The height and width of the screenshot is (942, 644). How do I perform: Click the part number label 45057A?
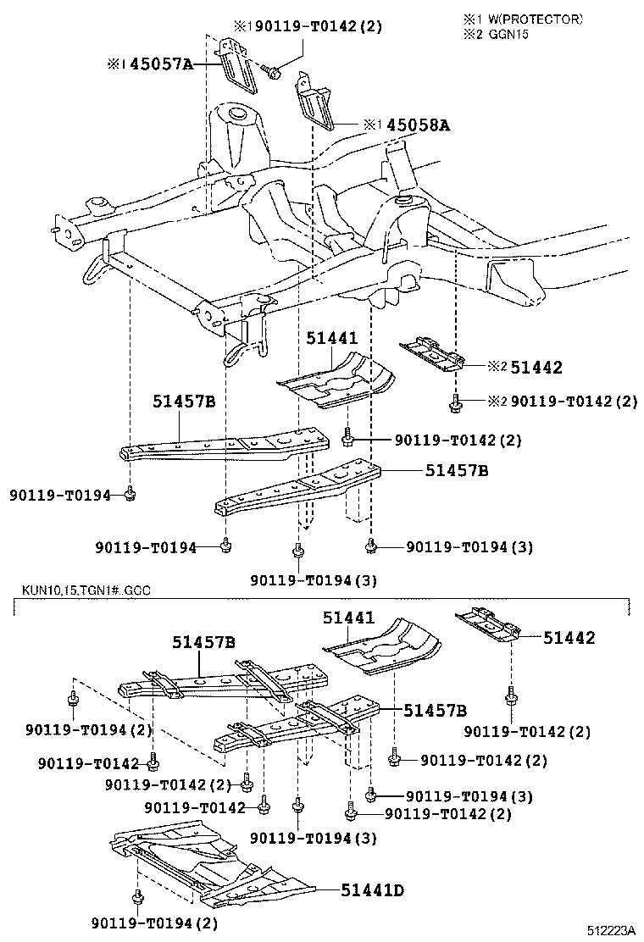pos(164,64)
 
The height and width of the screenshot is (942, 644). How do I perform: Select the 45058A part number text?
pos(418,125)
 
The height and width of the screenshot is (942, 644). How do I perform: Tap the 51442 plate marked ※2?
pos(434,354)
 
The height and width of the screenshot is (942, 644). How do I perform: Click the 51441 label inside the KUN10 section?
pos(347,619)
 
